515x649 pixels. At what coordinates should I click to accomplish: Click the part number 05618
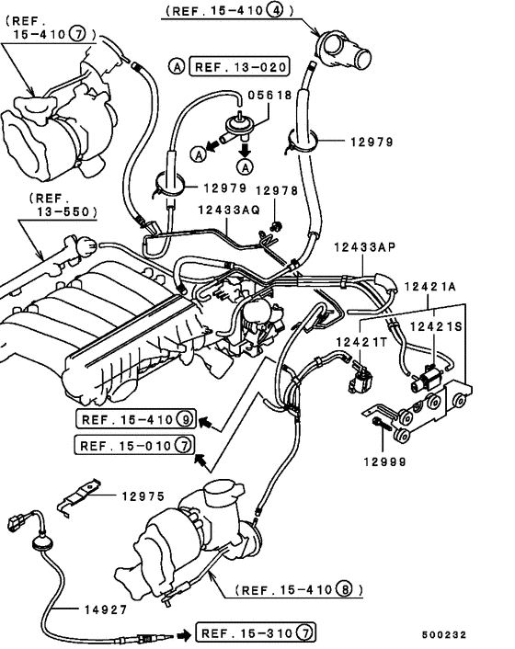click(x=270, y=95)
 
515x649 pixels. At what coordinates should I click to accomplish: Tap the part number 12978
click(x=277, y=191)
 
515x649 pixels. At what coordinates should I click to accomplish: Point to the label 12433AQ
click(x=228, y=210)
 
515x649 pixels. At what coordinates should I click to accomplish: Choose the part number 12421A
click(x=433, y=288)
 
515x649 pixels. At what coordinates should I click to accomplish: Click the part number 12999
click(x=384, y=462)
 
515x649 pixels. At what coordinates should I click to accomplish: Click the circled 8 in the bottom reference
click(x=345, y=589)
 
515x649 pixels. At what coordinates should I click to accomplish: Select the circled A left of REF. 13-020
click(x=176, y=66)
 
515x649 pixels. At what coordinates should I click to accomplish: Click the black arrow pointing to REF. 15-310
click(x=183, y=633)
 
